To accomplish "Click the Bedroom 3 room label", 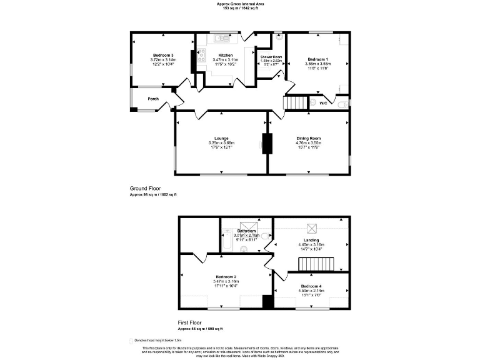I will click(x=162, y=56).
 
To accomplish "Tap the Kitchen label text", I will click(x=225, y=56).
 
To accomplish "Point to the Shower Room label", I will click(x=271, y=57).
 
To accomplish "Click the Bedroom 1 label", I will click(x=317, y=59).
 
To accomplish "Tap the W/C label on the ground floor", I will click(x=323, y=102).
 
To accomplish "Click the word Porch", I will click(x=153, y=99).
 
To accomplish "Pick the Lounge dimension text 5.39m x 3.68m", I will click(x=221, y=142).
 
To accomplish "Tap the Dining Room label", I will click(x=308, y=138).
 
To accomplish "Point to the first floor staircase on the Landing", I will click(x=317, y=265).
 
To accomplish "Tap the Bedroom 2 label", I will click(x=226, y=276).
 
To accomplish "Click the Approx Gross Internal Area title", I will click(x=241, y=3).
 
